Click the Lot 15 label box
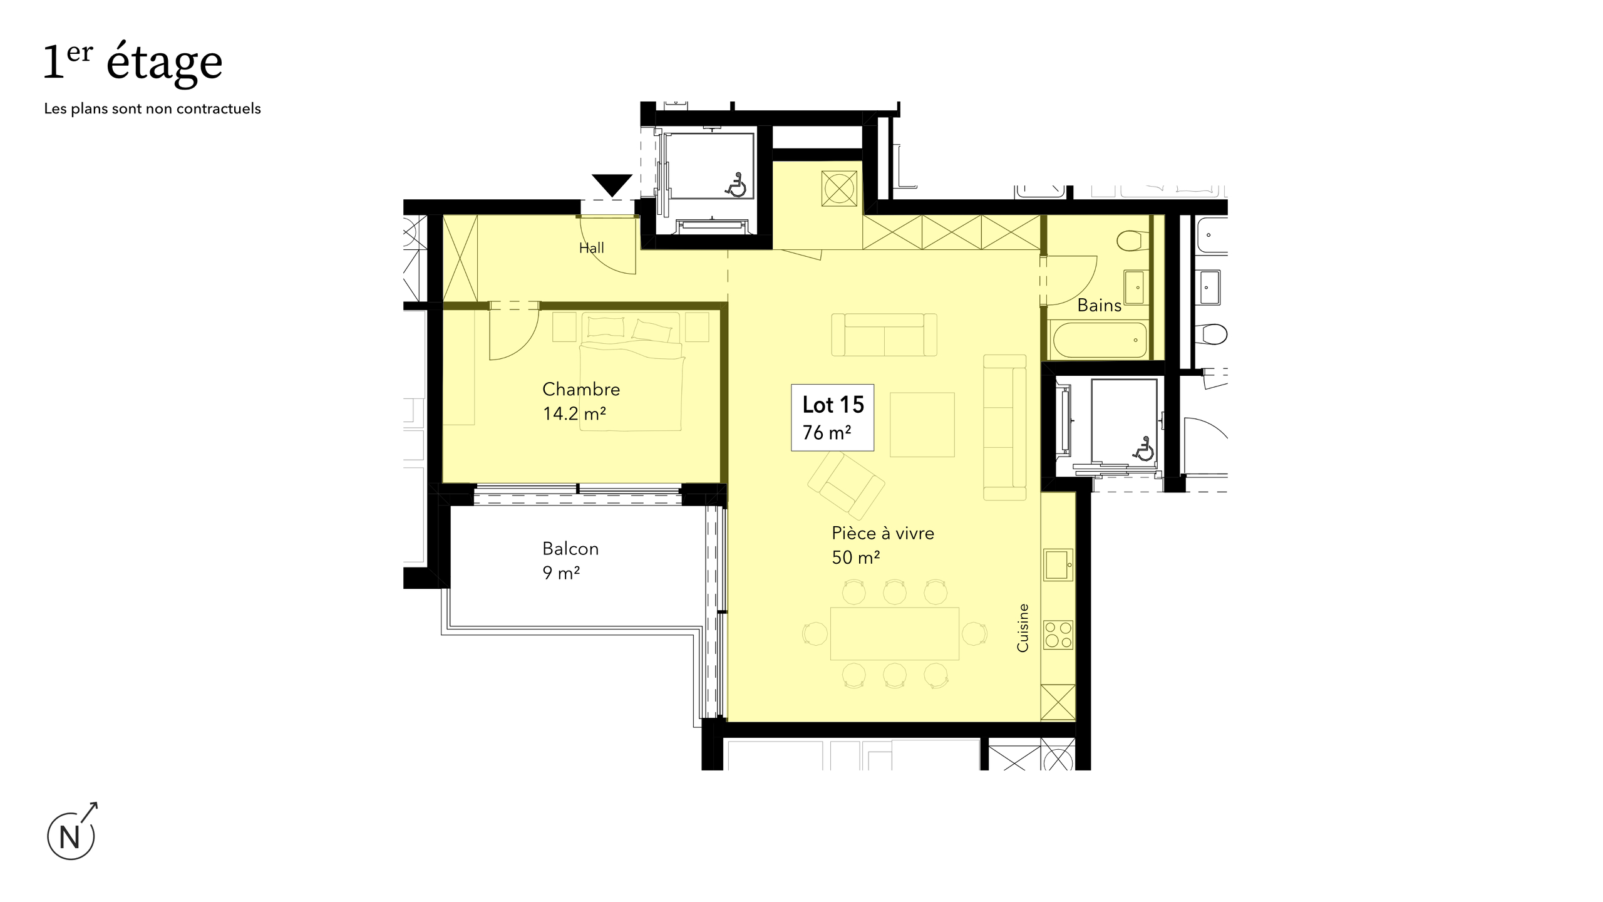(832, 417)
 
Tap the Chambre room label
(581, 390)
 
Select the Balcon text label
(570, 549)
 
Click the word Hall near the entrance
(592, 248)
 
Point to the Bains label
(1099, 305)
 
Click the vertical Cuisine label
(1023, 628)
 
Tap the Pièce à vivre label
(883, 533)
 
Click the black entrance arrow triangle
(612, 185)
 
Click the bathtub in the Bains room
(1100, 340)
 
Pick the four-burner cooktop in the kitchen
(1058, 635)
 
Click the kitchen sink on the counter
(1058, 564)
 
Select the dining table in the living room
(895, 633)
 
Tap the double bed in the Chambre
(631, 371)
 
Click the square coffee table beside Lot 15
(922, 425)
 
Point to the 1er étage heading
(133, 65)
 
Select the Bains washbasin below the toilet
(1135, 286)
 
